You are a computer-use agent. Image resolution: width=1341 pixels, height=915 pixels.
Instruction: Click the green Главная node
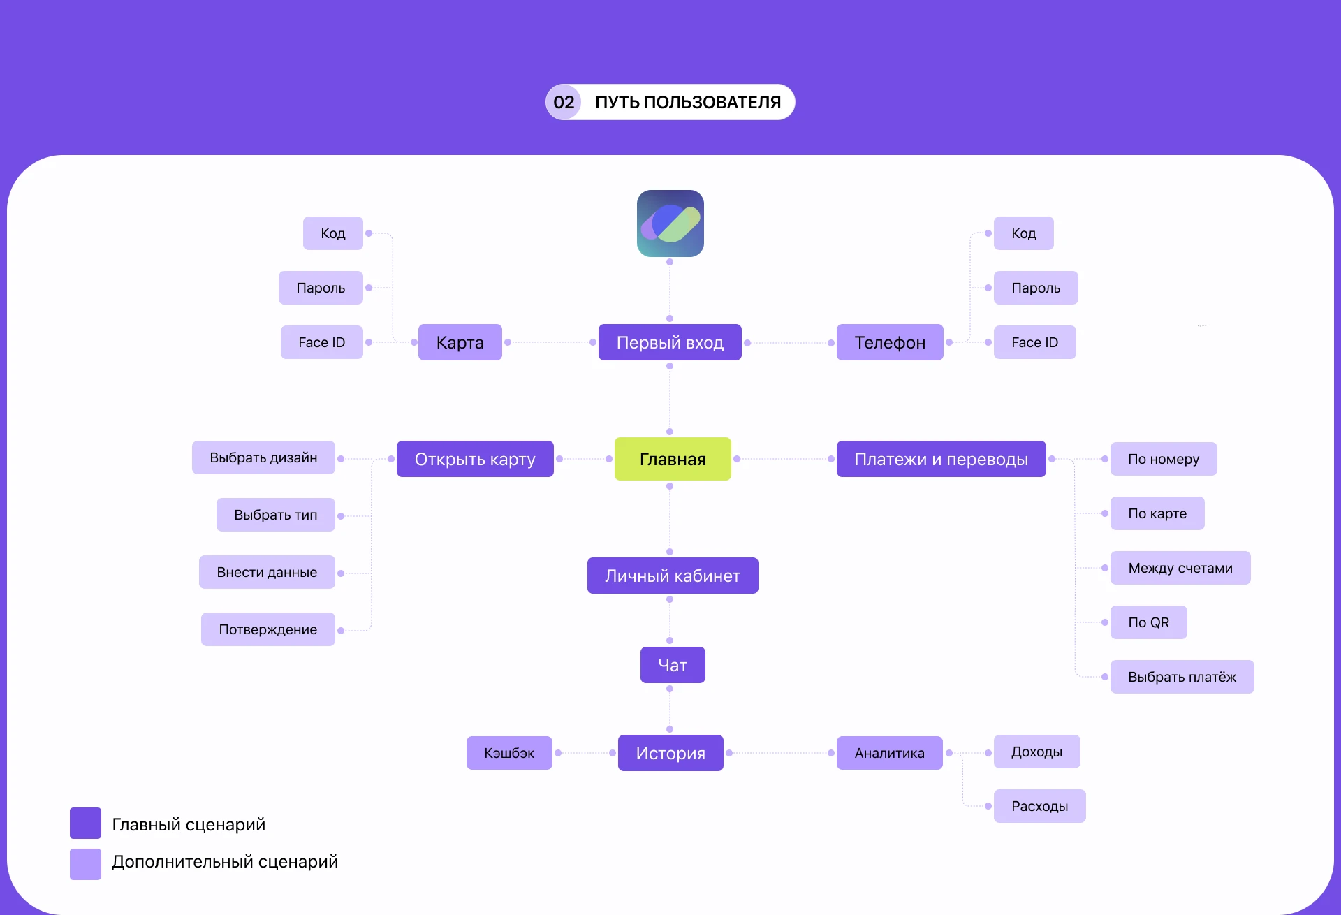point(673,459)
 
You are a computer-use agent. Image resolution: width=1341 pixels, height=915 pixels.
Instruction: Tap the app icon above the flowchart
point(670,224)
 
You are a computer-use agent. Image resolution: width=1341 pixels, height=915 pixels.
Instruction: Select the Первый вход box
point(670,342)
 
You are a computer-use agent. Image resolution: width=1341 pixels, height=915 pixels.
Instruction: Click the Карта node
point(460,342)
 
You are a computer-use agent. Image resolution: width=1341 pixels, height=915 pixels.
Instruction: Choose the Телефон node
point(890,342)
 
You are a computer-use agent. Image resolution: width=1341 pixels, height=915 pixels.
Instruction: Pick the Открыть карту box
point(475,459)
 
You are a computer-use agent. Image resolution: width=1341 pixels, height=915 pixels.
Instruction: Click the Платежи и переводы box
point(941,459)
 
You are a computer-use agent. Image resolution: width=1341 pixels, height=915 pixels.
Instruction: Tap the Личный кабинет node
point(673,576)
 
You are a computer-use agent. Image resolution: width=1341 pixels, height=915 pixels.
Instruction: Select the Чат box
point(673,665)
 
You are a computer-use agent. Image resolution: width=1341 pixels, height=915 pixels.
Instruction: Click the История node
point(670,753)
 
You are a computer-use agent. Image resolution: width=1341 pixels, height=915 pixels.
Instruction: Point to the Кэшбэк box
point(509,753)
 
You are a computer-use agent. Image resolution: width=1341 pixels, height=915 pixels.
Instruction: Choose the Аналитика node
point(889,753)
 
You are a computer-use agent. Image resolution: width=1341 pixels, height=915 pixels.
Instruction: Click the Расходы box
point(1039,806)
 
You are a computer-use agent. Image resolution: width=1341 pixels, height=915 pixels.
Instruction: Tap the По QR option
point(1148,622)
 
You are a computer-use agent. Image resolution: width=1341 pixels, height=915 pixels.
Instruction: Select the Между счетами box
point(1180,568)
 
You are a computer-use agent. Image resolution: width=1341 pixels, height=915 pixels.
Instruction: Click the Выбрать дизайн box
point(263,457)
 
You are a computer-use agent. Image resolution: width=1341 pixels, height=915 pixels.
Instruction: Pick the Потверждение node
point(268,629)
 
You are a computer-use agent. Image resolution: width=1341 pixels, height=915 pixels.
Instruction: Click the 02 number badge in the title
point(564,102)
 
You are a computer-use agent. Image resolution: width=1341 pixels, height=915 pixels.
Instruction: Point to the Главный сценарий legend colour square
point(85,823)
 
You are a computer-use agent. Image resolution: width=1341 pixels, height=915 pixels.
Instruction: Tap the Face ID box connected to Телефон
point(1034,342)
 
